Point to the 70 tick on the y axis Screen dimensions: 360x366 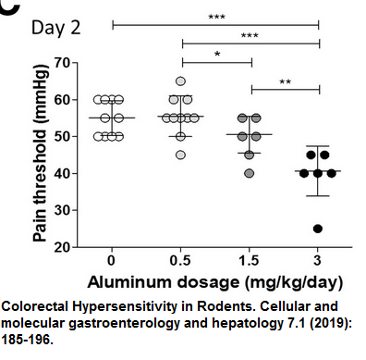click(x=61, y=63)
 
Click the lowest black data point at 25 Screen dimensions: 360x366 click(x=319, y=229)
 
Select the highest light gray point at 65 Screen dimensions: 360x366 click(x=181, y=81)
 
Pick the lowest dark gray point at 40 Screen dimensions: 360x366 click(x=250, y=173)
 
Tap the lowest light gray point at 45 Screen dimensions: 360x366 click(x=181, y=155)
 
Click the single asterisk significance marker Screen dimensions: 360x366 click(x=216, y=55)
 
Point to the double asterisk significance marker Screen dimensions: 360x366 click(x=286, y=81)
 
